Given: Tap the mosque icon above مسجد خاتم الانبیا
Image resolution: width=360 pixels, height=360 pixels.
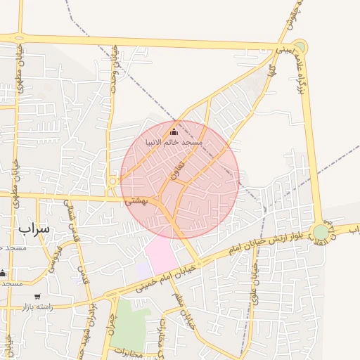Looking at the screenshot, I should [x=174, y=131].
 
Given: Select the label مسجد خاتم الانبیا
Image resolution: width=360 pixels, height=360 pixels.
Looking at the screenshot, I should [x=174, y=142].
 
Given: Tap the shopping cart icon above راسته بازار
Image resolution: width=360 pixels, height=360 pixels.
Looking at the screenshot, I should [x=37, y=297].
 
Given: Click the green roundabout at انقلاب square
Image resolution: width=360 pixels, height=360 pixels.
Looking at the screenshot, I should [x=321, y=231].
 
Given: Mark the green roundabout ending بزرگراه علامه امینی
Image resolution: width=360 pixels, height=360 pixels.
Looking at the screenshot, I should [x=300, y=46].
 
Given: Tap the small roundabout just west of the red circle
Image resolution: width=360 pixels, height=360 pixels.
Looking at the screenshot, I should [x=112, y=181].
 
